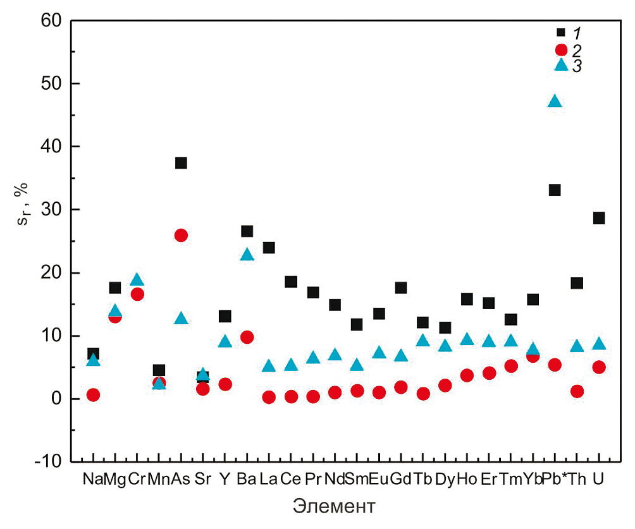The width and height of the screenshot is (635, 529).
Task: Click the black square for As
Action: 181,163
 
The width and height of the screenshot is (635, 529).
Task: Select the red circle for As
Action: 181,236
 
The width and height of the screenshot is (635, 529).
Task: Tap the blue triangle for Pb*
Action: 555,101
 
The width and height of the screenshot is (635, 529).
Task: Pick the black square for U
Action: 599,218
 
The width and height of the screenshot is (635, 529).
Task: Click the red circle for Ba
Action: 247,337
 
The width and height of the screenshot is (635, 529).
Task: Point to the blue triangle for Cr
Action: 137,280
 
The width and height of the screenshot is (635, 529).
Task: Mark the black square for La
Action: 269,248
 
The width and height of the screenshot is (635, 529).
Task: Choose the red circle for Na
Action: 93,395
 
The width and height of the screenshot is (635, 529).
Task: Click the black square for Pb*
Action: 555,190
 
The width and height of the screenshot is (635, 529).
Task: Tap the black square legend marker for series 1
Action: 561,32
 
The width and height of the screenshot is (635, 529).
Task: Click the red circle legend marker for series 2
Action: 561,49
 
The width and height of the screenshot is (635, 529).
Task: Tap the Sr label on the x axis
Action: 202,480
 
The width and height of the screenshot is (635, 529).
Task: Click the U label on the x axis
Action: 598,480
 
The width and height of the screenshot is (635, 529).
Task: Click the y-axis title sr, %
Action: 18,241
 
